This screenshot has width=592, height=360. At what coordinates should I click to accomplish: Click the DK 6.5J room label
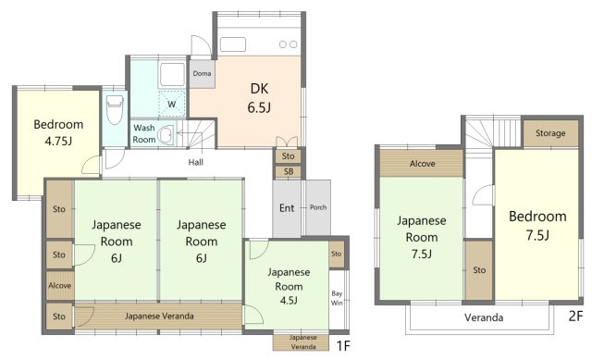click(259, 98)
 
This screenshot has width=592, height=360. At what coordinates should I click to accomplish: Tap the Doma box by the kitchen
click(203, 72)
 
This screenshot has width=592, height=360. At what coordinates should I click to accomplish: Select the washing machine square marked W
click(172, 104)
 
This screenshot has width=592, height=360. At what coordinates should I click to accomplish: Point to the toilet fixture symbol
click(115, 110)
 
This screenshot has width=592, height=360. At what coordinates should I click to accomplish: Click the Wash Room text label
click(144, 133)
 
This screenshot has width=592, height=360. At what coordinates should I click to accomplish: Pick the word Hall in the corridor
click(196, 162)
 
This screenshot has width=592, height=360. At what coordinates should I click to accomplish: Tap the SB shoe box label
click(288, 172)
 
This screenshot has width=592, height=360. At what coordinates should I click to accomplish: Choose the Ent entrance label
click(287, 207)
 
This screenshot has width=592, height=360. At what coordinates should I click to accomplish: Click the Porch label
click(317, 206)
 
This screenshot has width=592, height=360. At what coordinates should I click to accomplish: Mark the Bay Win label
click(338, 296)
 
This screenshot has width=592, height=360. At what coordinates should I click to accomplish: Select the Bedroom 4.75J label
click(58, 133)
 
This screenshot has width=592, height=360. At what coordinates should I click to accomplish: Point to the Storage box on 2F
click(550, 134)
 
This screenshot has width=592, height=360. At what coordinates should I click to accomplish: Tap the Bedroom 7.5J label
click(536, 225)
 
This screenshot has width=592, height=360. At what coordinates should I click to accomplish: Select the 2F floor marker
click(575, 315)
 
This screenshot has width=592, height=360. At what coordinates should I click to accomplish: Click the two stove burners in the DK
click(289, 44)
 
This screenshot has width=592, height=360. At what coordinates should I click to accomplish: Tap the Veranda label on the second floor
click(483, 317)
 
